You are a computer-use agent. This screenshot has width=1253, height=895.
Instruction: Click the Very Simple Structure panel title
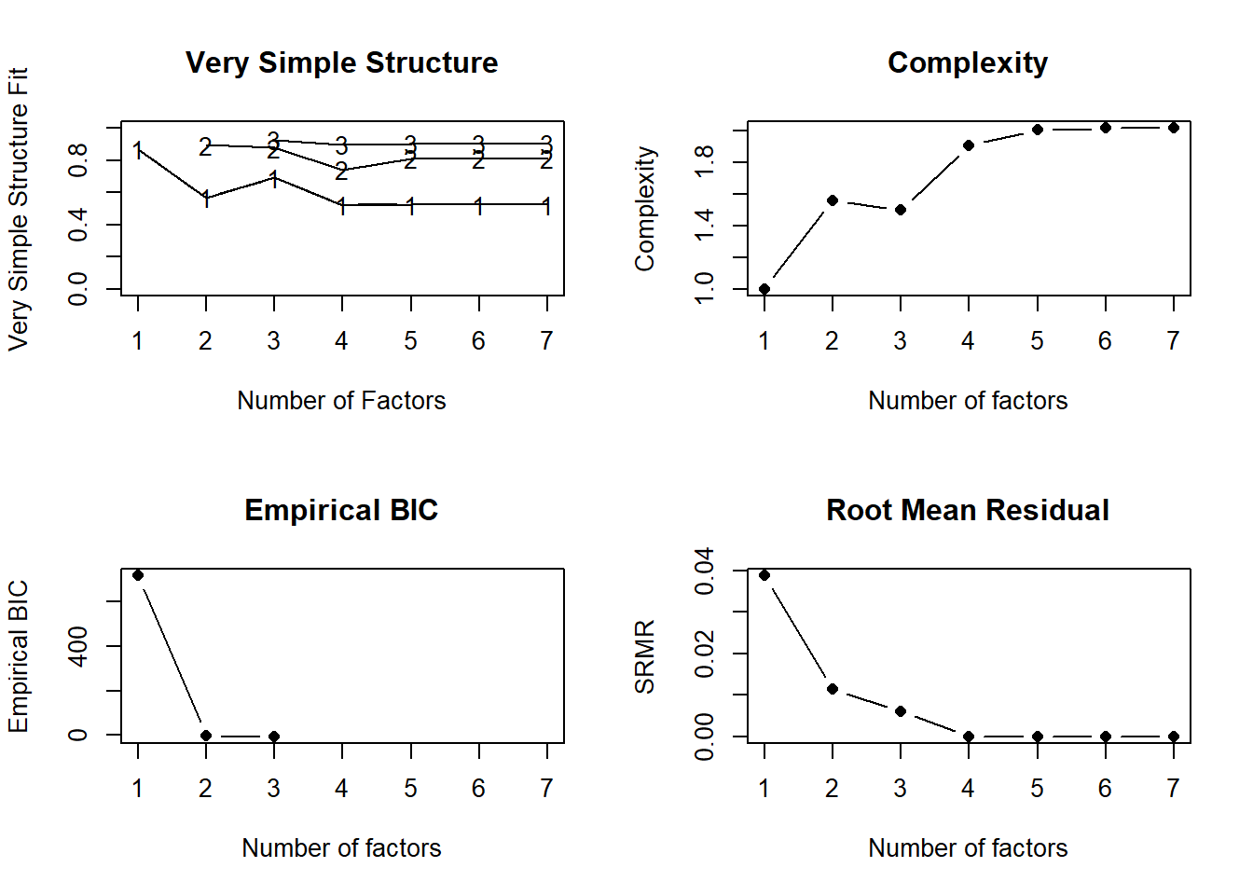341,62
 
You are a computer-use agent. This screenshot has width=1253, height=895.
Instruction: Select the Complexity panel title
967,62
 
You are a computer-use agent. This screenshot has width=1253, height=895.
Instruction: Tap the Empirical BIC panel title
341,510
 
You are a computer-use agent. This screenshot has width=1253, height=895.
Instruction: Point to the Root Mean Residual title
967,510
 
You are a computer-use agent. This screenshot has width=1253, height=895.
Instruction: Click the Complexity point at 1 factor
764,289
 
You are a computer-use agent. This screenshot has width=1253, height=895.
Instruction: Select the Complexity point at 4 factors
969,145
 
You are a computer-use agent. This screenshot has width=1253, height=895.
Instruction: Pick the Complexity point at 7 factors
1174,128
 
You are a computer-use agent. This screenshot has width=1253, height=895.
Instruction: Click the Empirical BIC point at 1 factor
138,575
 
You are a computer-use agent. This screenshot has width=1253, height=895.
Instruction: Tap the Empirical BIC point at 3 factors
274,737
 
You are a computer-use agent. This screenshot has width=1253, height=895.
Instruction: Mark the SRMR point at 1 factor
764,575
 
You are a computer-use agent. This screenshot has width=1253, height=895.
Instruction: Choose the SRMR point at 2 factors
833,689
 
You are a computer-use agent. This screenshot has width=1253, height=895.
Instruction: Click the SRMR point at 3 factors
901,711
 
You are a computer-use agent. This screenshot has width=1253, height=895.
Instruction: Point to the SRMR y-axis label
645,656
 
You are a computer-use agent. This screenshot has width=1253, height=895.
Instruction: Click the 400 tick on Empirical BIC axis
78,646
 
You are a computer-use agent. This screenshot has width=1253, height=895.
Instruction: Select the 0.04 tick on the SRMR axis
705,571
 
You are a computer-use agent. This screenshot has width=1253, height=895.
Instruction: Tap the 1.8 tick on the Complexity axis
705,162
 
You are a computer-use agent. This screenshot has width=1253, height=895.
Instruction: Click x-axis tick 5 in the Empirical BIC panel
410,789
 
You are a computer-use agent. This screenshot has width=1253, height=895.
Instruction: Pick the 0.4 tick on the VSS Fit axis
78,225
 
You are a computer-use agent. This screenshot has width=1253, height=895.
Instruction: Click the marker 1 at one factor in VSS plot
138,150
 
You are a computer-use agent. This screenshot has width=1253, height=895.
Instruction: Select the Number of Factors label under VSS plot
341,401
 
